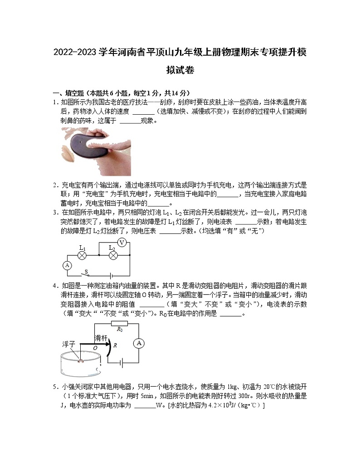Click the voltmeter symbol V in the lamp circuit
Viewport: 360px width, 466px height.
click(x=122, y=243)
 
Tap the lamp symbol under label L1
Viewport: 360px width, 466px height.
click(x=83, y=256)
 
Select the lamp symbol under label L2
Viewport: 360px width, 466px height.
click(x=113, y=256)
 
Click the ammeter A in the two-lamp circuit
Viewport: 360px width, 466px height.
click(x=67, y=266)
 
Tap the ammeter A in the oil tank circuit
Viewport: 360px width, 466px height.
click(x=139, y=344)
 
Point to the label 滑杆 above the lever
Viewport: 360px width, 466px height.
click(x=101, y=338)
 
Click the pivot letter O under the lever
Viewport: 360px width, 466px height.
click(x=95, y=348)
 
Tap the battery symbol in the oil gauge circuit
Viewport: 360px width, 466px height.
click(x=120, y=363)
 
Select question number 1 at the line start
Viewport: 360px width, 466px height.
click(x=55, y=102)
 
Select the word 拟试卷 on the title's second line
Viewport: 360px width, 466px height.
click(x=180, y=70)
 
